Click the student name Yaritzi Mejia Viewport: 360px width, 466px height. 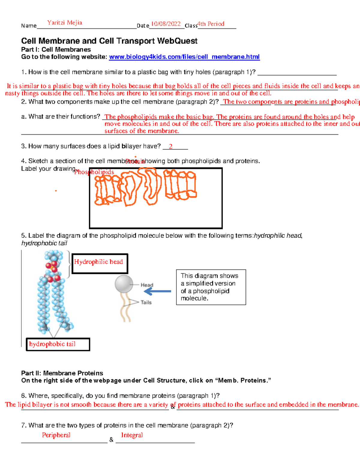coord(64,23)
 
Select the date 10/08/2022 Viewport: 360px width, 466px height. coord(166,24)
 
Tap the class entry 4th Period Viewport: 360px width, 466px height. coord(211,24)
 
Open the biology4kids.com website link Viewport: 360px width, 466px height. coord(184,57)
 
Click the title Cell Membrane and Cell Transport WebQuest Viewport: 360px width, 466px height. coord(109,41)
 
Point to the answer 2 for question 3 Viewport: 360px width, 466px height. coord(171,146)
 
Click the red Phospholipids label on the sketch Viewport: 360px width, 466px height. coord(94,172)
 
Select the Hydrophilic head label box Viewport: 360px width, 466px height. coord(100,263)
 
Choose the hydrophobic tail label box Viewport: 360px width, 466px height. coord(58,344)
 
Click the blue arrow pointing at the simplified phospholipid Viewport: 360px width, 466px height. coord(160,291)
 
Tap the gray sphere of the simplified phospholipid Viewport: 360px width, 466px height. coord(124,284)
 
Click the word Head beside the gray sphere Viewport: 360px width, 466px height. coord(147,285)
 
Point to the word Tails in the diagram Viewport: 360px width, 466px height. coord(146,302)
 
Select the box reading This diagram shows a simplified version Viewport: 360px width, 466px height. coord(211,287)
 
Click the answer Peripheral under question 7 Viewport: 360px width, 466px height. coord(56,435)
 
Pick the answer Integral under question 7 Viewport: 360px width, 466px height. coord(132,435)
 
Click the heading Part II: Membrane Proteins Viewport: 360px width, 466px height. coord(62,373)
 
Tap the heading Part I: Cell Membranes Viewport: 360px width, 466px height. coord(56,50)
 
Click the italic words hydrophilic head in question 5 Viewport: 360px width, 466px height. coord(277,236)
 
